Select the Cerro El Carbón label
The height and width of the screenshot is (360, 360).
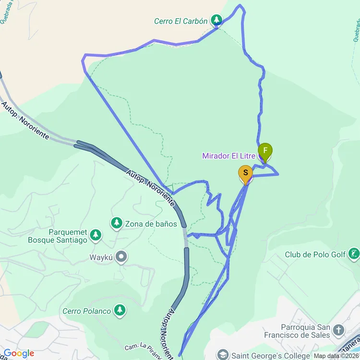[x=180, y=21]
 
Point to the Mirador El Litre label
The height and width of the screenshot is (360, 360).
[x=228, y=156]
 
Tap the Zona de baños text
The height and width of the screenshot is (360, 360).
[x=151, y=224]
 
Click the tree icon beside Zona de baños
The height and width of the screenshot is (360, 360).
[x=116, y=223]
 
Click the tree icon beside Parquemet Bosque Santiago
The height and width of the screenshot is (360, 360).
[x=96, y=235]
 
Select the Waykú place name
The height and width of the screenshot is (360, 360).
[x=101, y=257]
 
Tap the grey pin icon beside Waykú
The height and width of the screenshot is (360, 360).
[x=121, y=257]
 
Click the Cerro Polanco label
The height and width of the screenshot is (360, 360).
[x=86, y=311]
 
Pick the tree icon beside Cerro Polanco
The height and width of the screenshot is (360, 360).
[x=120, y=311]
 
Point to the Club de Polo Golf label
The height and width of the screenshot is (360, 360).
[x=315, y=254]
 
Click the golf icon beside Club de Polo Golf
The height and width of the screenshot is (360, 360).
[x=354, y=254]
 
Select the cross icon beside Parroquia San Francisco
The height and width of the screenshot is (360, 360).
[x=339, y=330]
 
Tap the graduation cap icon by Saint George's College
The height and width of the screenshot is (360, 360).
[x=223, y=355]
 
